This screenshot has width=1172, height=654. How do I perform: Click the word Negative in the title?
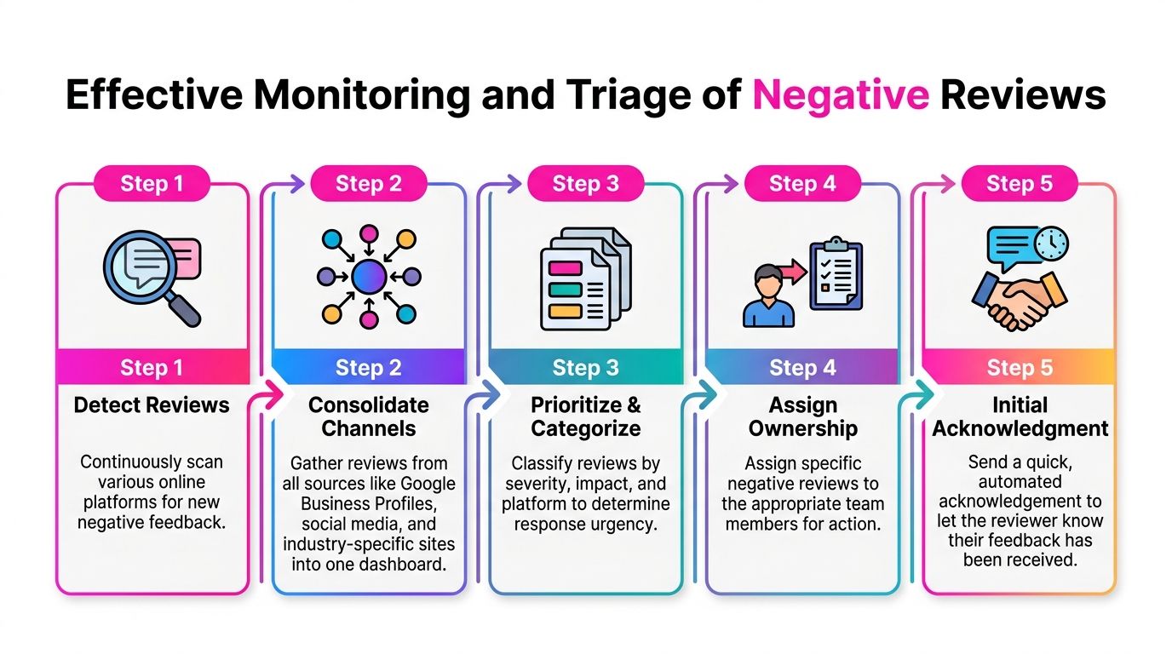pyautogui.click(x=840, y=95)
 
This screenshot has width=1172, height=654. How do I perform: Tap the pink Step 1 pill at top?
pyautogui.click(x=152, y=183)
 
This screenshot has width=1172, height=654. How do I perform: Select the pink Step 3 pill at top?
pyautogui.click(x=585, y=183)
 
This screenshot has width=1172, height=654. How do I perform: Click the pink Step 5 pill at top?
pyautogui.click(x=1019, y=183)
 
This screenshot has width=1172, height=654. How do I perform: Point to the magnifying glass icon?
pyautogui.click(x=150, y=278)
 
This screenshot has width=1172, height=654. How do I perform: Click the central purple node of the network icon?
pyautogui.click(x=368, y=276)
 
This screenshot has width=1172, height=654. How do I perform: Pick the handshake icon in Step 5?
pyautogui.click(x=1019, y=298)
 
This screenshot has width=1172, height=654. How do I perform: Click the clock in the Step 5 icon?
pyautogui.click(x=1051, y=244)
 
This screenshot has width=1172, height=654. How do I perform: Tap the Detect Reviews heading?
pyautogui.click(x=152, y=404)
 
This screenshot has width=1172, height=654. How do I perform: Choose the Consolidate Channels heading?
pyautogui.click(x=368, y=416)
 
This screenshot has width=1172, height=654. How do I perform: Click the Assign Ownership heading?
pyautogui.click(x=801, y=416)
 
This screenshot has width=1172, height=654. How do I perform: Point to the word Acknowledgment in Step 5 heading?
pyautogui.click(x=1020, y=428)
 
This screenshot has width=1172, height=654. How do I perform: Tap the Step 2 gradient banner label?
pyautogui.click(x=368, y=368)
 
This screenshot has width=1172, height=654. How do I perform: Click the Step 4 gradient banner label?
pyautogui.click(x=801, y=368)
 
